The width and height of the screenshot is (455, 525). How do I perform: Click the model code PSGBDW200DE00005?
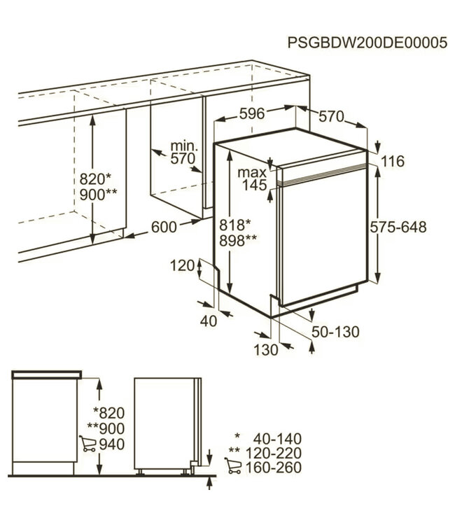tap(367, 43)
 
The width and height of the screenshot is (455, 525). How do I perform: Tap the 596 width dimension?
tap(251, 114)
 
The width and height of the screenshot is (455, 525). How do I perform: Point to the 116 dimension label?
tap(393, 162)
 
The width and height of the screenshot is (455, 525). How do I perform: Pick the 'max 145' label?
tap(252, 178)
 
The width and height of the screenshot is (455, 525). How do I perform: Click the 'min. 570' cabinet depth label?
tap(181, 153)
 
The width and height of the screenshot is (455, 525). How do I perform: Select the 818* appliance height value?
tap(236, 225)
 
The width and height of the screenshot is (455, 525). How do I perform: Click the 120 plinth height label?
tap(181, 265)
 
